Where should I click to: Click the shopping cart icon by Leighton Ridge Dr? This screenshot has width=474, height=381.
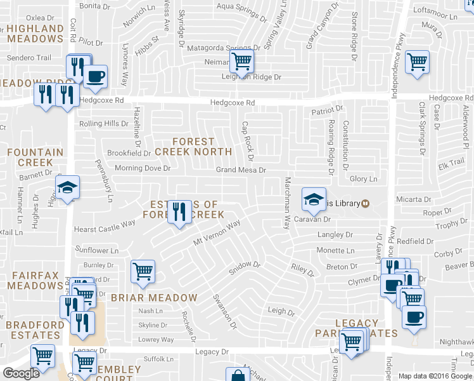click(x=241, y=62)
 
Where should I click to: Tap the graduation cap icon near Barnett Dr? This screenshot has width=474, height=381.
click(x=67, y=187)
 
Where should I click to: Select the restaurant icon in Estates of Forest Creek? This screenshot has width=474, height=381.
click(x=180, y=213)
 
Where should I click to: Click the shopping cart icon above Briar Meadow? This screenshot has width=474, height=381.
click(x=143, y=271)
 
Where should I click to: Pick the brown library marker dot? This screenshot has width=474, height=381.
click(x=366, y=203)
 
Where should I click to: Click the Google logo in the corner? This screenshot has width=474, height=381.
click(x=21, y=373)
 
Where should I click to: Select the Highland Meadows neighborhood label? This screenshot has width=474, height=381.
click(x=35, y=34)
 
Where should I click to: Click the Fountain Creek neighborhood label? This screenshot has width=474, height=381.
click(x=35, y=157)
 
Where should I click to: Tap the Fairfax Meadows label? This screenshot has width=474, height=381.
click(x=35, y=280)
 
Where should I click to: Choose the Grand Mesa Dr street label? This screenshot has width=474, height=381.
click(x=240, y=170)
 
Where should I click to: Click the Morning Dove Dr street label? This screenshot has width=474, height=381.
click(x=143, y=168)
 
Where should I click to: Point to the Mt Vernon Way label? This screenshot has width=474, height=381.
click(x=217, y=234)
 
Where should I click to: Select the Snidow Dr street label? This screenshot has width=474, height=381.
click(x=245, y=267)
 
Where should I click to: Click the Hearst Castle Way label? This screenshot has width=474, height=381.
click(x=105, y=224)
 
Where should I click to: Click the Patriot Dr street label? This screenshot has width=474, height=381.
click(x=326, y=110)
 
